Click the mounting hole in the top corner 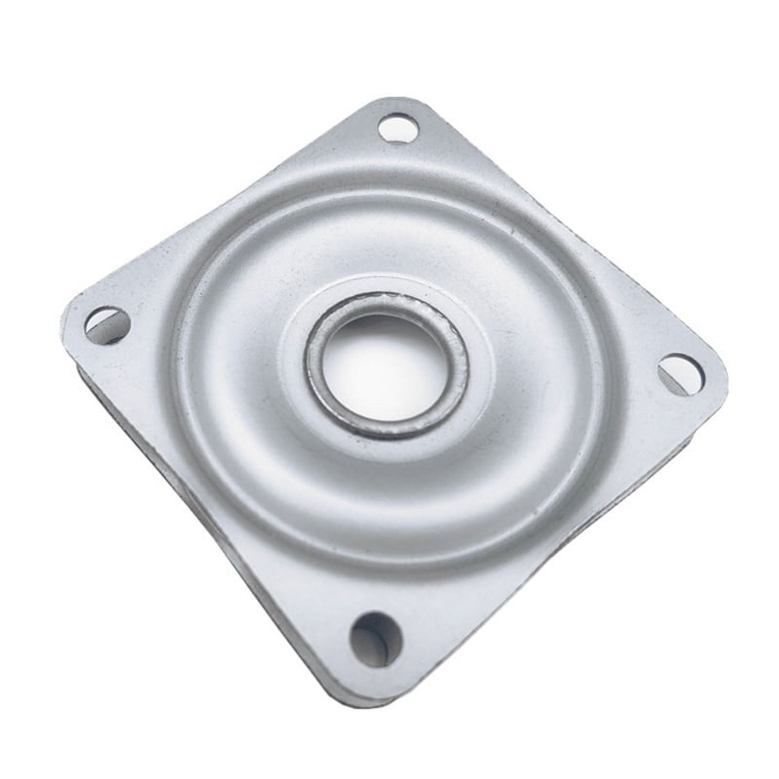tap(399, 127)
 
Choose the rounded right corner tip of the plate tap(721, 370)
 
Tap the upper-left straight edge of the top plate tap(219, 204)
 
